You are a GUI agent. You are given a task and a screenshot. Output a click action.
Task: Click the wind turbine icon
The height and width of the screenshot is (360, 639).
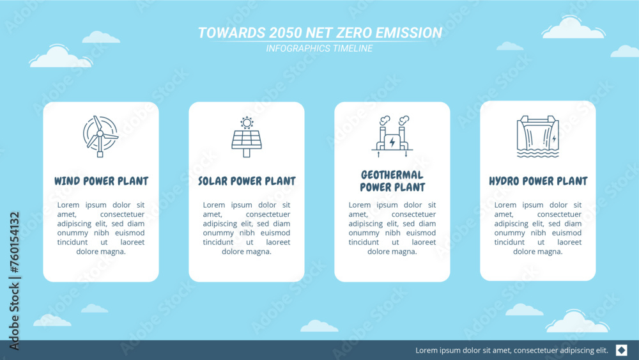pyautogui.click(x=100, y=136)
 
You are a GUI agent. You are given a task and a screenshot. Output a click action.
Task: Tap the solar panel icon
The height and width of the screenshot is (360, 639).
pyautogui.click(x=247, y=137)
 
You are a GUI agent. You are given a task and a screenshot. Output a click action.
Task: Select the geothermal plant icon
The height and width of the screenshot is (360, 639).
pyautogui.click(x=392, y=137)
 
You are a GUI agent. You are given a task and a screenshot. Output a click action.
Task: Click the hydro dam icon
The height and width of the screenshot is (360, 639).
pyautogui.click(x=537, y=136)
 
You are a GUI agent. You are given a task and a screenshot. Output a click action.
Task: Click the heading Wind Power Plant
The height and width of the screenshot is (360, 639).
pyautogui.click(x=101, y=181)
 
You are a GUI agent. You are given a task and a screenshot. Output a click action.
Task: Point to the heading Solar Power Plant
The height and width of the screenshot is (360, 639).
pyautogui.click(x=247, y=181)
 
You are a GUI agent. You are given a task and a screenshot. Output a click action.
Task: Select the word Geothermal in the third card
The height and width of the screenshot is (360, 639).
pyautogui.click(x=392, y=175)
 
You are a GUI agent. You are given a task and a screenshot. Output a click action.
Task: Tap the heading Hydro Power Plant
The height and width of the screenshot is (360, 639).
pyautogui.click(x=538, y=181)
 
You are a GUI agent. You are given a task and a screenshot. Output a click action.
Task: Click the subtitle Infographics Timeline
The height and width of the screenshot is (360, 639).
pyautogui.click(x=319, y=49)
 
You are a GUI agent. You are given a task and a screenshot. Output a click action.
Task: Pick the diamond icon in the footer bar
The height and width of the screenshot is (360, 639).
pyautogui.click(x=621, y=350)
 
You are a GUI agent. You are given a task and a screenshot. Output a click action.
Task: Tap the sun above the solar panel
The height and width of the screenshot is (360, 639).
pyautogui.click(x=247, y=122)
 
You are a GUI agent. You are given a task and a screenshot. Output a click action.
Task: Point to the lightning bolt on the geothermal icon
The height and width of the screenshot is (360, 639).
pyautogui.click(x=392, y=141)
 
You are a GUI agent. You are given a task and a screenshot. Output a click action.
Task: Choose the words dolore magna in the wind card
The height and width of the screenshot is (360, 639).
pyautogui.click(x=101, y=251)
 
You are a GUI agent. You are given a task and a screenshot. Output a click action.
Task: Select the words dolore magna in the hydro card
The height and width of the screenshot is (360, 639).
pyautogui.click(x=538, y=251)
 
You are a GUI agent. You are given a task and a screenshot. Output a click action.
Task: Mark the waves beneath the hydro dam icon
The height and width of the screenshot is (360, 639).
pyautogui.click(x=537, y=153)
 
